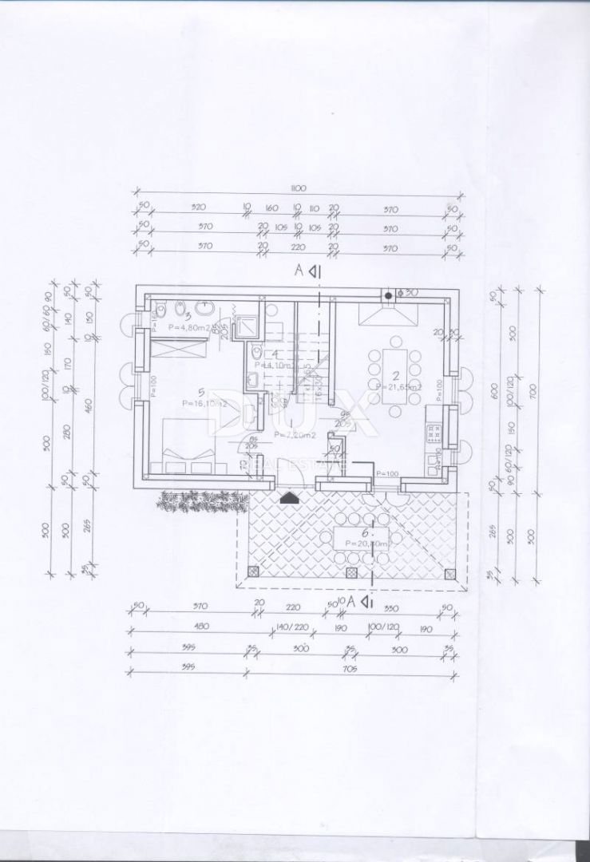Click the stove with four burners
coord(435,433)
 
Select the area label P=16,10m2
coord(181,405)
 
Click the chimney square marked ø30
coord(389,295)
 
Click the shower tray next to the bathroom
coord(250,322)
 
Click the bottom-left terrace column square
coord(254,571)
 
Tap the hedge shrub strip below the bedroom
coord(201,500)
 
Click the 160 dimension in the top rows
coord(271,209)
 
